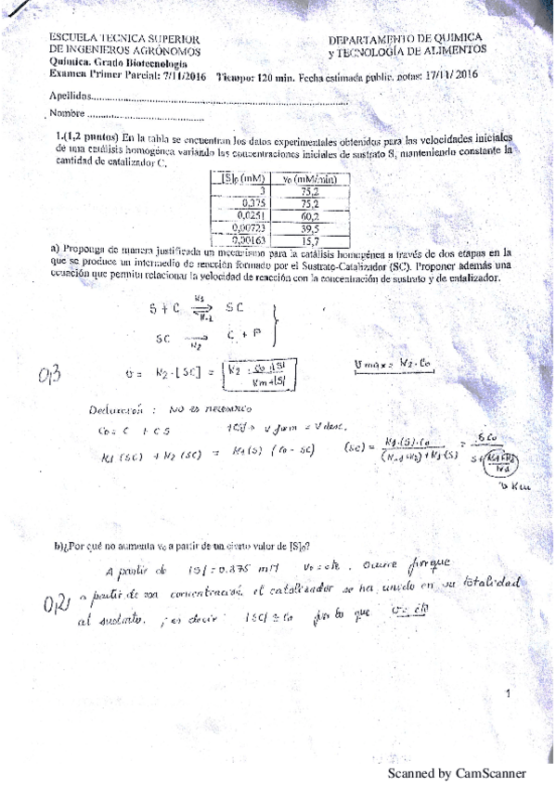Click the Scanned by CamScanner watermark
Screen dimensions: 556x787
(x=457, y=773)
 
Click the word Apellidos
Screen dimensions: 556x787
(x=70, y=96)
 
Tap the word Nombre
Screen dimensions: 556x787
(x=68, y=113)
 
